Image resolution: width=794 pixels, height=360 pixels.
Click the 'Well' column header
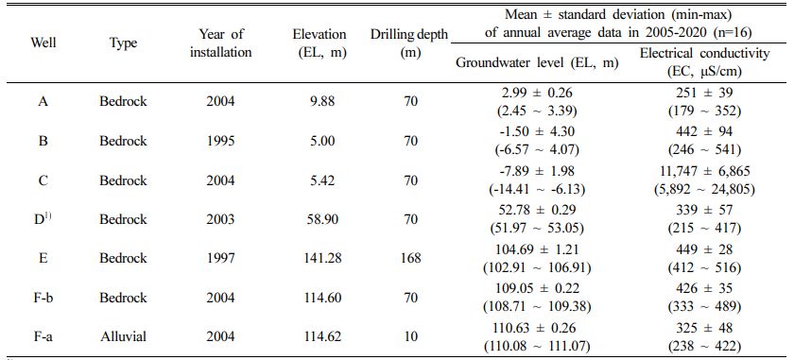pyautogui.click(x=43, y=43)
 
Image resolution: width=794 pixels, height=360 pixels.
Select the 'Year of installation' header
pyautogui.click(x=221, y=43)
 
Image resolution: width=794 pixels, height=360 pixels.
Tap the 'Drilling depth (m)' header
pyautogui.click(x=409, y=43)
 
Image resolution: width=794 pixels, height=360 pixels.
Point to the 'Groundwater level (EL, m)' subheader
pyautogui.click(x=537, y=62)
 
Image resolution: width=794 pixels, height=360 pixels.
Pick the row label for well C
pyautogui.click(x=43, y=180)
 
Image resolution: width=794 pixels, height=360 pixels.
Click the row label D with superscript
pyautogui.click(x=43, y=219)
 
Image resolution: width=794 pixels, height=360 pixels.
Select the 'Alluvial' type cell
pyautogui.click(x=123, y=336)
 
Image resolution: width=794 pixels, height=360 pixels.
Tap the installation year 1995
pyautogui.click(x=221, y=141)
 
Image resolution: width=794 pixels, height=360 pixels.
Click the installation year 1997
pyautogui.click(x=221, y=258)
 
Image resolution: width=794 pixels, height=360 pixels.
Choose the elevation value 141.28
pyautogui.click(x=319, y=258)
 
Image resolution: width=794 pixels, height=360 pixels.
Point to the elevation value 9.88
pyautogui.click(x=319, y=101)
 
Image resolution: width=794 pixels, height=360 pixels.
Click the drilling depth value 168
pyautogui.click(x=409, y=258)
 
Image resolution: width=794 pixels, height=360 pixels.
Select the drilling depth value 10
pyautogui.click(x=409, y=336)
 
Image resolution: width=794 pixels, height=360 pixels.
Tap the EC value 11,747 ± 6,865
pyautogui.click(x=705, y=172)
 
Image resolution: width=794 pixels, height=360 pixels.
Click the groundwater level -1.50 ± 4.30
pyautogui.click(x=537, y=132)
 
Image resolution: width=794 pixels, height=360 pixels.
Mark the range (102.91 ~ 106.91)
pyautogui.click(x=537, y=267)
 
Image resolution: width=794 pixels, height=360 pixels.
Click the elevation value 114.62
pyautogui.click(x=319, y=336)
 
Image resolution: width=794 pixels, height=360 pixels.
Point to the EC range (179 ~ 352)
pyautogui.click(x=705, y=111)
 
